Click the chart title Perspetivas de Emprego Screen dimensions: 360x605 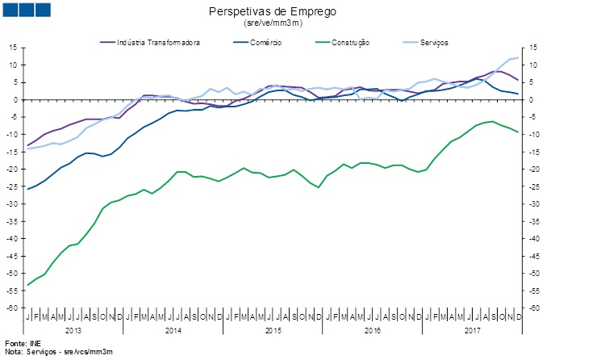273,12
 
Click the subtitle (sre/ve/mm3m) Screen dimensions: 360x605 273,24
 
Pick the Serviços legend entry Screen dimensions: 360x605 432,42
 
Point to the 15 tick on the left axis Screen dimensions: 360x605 14,48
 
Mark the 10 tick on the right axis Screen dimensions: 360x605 532,65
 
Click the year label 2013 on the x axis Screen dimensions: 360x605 73,331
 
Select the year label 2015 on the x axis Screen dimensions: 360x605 273,331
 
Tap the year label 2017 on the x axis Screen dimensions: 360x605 472,331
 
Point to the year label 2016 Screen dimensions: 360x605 372,331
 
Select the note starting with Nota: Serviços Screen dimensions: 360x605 59,352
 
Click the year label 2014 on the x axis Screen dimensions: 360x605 173,331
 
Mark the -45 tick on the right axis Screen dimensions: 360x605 533,257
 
